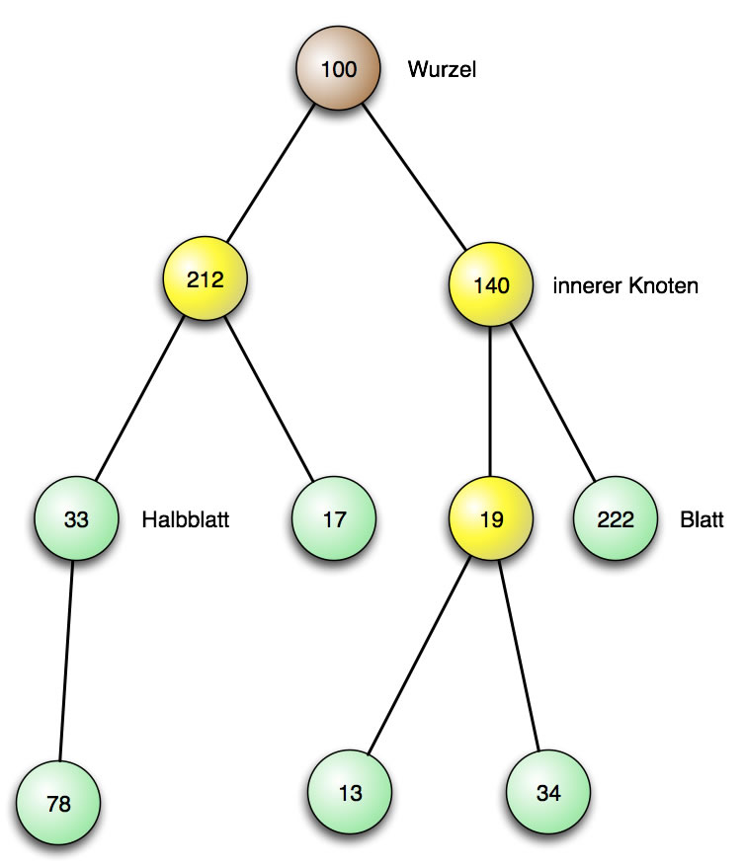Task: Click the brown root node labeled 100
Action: [x=338, y=69]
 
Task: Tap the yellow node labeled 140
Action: [x=491, y=286]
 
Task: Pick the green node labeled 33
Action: [x=76, y=518]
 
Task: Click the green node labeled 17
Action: [x=334, y=518]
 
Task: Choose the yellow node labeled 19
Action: [x=491, y=518]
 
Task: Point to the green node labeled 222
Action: [x=616, y=518]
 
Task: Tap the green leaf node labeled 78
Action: [x=58, y=803]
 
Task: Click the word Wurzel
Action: [x=442, y=70]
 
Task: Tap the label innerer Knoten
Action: [x=626, y=286]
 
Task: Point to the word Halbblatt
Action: [x=186, y=519]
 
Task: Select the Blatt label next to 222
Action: [x=702, y=519]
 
